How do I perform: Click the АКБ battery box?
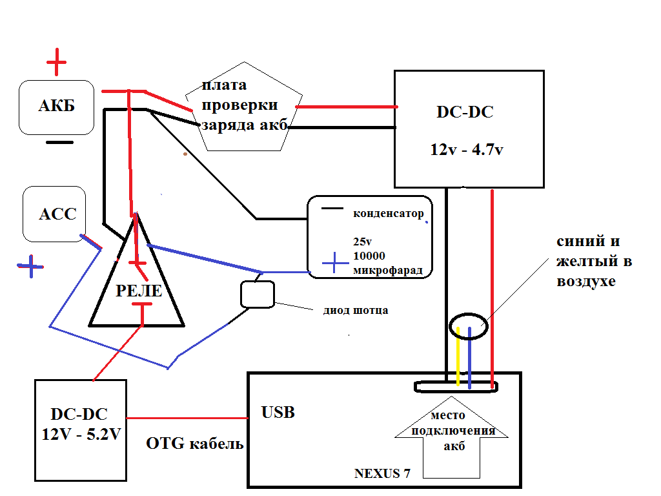click(56, 107)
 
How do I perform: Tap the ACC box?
click(58, 214)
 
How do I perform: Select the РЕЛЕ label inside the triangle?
click(139, 291)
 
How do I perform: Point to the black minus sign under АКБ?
click(59, 143)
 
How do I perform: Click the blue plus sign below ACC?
click(30, 265)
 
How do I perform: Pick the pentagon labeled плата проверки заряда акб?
click(243, 107)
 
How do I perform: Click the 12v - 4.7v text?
click(467, 149)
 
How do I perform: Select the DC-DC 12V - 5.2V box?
click(79, 431)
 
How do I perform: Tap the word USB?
click(278, 412)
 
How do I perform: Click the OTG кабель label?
click(195, 444)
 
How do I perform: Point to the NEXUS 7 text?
click(382, 473)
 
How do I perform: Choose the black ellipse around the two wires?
click(469, 324)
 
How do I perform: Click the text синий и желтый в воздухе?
click(594, 261)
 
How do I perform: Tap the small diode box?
click(258, 294)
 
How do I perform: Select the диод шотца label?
click(355, 310)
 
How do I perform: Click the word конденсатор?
click(388, 213)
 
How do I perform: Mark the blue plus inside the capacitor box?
click(334, 263)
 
